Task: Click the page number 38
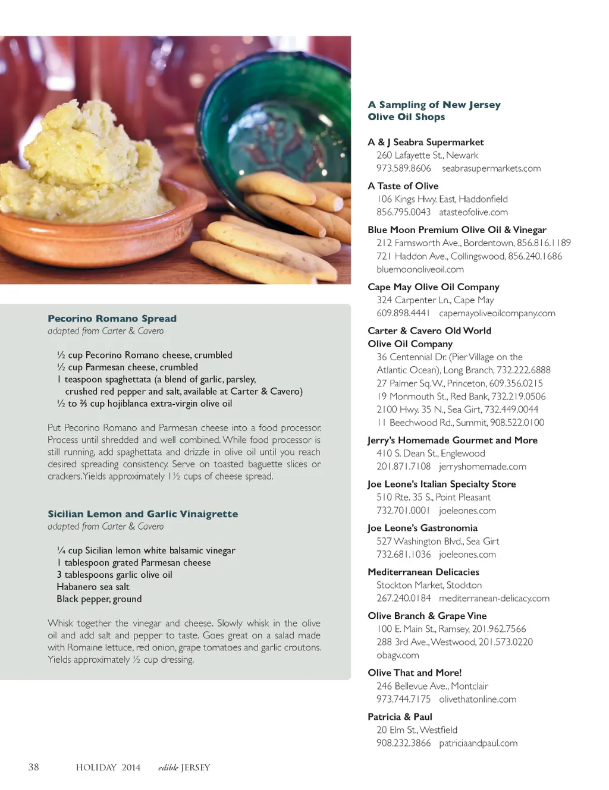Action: pyautogui.click(x=34, y=767)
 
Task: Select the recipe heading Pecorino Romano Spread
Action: pyautogui.click(x=112, y=319)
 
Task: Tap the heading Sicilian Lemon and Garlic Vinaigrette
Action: pyautogui.click(x=143, y=514)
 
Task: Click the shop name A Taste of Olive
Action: pyautogui.click(x=403, y=186)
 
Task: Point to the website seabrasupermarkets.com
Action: pyautogui.click(x=491, y=168)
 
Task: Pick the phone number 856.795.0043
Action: pyautogui.click(x=403, y=212)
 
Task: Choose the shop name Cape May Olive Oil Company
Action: pyautogui.click(x=433, y=287)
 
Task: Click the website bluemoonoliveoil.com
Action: pyautogui.click(x=420, y=269)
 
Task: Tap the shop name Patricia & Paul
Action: pyautogui.click(x=400, y=717)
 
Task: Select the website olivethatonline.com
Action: pyautogui.click(x=478, y=699)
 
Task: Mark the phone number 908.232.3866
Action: pyautogui.click(x=403, y=743)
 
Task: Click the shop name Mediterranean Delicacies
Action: pyautogui.click(x=423, y=572)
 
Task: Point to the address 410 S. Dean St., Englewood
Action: pyautogui.click(x=431, y=454)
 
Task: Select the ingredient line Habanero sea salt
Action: pyautogui.click(x=93, y=587)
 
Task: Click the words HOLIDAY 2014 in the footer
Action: pyautogui.click(x=108, y=767)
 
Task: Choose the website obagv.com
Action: pyautogui.click(x=397, y=655)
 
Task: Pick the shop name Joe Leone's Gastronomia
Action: pyautogui.click(x=422, y=528)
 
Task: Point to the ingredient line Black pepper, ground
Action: pyautogui.click(x=99, y=599)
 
